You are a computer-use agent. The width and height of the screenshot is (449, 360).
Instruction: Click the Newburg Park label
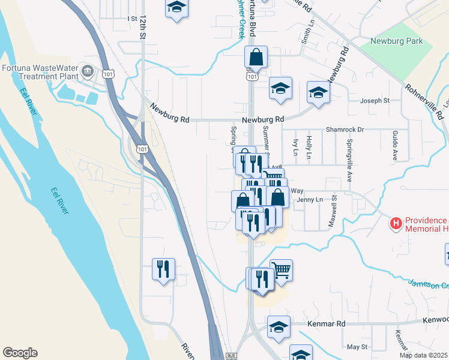pyautogui.click(x=396, y=41)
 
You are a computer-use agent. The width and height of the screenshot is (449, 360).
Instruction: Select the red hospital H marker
pyautogui.click(x=396, y=224)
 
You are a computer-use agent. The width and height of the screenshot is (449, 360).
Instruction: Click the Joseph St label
pyautogui.click(x=375, y=101)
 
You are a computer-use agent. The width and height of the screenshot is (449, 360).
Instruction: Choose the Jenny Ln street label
pyautogui.click(x=310, y=199)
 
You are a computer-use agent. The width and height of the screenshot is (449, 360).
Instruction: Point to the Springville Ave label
pyautogui.click(x=349, y=160)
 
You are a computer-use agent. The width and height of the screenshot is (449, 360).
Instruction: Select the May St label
pyautogui.click(x=357, y=347)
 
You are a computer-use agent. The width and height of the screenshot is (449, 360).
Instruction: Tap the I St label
pyautogui.click(x=133, y=19)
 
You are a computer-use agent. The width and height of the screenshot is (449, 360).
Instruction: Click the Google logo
pyautogui.click(x=20, y=353)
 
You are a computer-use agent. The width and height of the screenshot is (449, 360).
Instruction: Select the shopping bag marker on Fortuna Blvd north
pyautogui.click(x=256, y=58)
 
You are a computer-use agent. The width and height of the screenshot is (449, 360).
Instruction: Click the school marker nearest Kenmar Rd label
pyautogui.click(x=279, y=327)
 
